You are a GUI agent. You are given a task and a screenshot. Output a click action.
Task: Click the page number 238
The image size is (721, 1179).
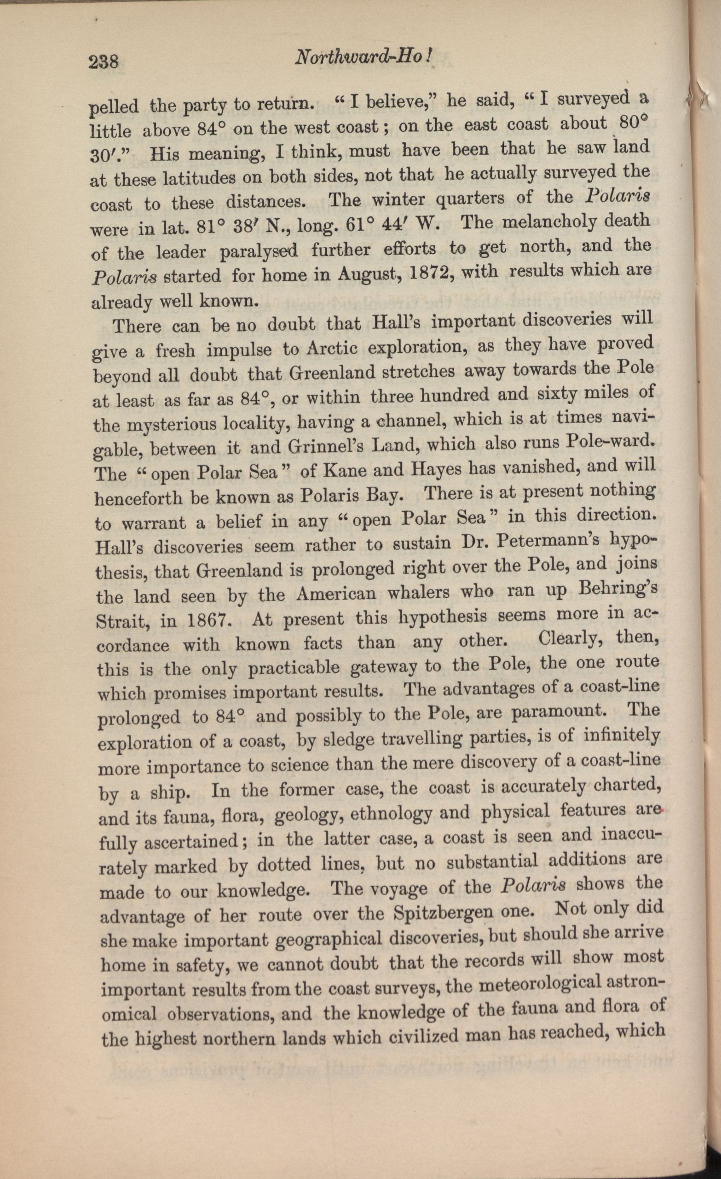[103, 62]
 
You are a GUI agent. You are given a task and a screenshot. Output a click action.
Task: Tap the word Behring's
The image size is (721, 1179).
[619, 590]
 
